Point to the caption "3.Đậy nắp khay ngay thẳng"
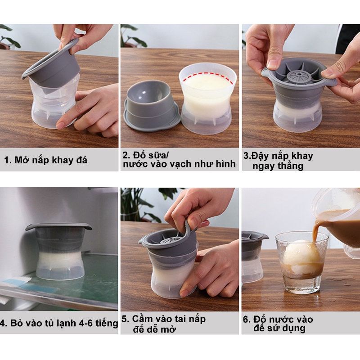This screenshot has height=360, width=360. pyautogui.click(x=278, y=161)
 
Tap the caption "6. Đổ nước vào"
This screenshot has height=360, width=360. pyautogui.click(x=278, y=319)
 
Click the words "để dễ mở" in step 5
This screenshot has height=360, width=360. pyautogui.click(x=154, y=329)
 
